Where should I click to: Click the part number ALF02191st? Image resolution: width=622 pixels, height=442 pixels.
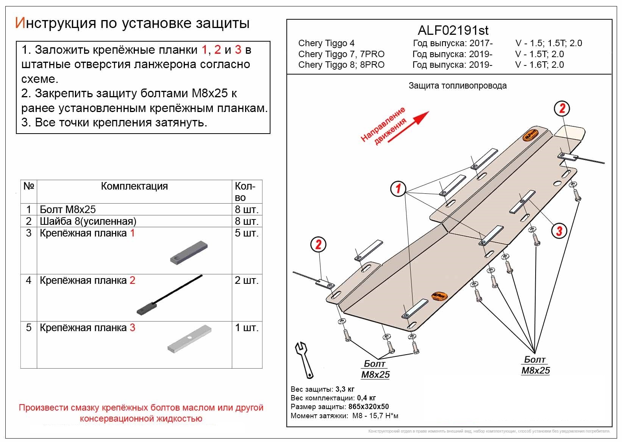click(x=453, y=30)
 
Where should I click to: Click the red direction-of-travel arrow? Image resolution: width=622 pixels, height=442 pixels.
click(x=409, y=126)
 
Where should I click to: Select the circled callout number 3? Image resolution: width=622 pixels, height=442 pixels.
click(x=559, y=230)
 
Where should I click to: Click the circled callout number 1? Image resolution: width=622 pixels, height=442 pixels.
click(x=398, y=188)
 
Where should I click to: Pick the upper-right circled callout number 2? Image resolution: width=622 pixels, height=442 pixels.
click(x=562, y=109)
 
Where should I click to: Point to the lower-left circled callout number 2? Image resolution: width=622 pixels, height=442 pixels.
click(x=318, y=244)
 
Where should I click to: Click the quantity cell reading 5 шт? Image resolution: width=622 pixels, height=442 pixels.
click(x=247, y=233)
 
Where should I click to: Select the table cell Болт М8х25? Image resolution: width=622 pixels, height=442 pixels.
click(x=68, y=209)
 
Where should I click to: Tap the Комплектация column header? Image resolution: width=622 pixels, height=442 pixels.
click(x=134, y=186)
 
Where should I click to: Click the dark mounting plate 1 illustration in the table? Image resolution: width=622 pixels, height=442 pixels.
click(x=189, y=253)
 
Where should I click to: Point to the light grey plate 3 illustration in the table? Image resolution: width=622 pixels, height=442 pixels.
click(x=189, y=339)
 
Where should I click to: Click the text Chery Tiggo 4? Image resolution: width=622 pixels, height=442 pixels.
click(x=326, y=43)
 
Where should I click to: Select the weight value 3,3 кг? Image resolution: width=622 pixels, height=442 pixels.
click(x=345, y=389)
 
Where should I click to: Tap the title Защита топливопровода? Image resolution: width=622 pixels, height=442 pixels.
click(x=457, y=86)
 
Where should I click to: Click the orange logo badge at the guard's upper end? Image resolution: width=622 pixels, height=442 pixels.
click(x=530, y=135)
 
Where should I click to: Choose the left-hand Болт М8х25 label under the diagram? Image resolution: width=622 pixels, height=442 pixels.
click(x=375, y=369)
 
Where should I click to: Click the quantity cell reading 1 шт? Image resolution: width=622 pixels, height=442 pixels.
click(x=247, y=328)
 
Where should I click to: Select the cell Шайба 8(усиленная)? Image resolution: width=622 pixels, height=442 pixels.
click(x=88, y=221)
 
